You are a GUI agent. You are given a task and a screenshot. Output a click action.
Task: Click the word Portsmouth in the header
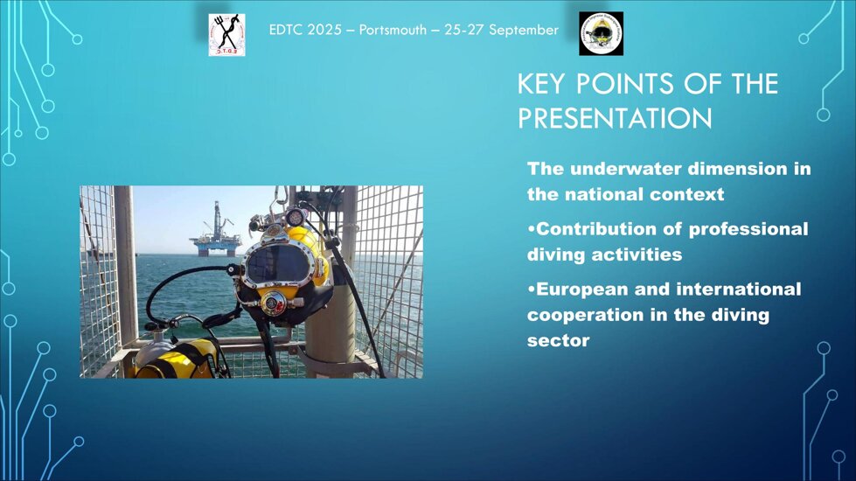tap(393, 30)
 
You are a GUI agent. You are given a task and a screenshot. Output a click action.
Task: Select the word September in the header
tap(524, 30)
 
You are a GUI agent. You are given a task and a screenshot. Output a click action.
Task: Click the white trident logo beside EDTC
tap(226, 35)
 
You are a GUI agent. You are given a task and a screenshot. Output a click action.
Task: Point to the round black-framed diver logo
tap(601, 33)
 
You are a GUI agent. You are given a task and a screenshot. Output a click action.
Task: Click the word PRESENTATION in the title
tap(615, 118)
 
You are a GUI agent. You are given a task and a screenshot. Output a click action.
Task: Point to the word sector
tap(558, 341)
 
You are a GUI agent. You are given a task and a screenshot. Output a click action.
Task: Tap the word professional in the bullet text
tap(748, 229)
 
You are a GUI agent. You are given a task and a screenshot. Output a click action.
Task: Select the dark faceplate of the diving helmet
tap(277, 264)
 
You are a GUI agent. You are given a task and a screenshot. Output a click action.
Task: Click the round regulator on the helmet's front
tap(274, 303)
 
